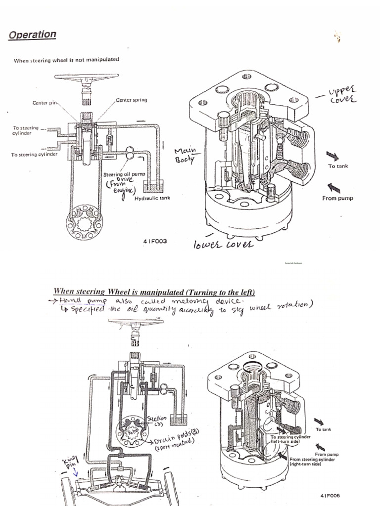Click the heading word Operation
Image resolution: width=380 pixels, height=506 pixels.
tap(32, 35)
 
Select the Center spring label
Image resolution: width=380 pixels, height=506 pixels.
tap(131, 100)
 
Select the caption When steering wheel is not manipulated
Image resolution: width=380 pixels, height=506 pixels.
tap(66, 60)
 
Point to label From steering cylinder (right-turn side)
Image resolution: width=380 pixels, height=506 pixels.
tap(313, 462)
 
